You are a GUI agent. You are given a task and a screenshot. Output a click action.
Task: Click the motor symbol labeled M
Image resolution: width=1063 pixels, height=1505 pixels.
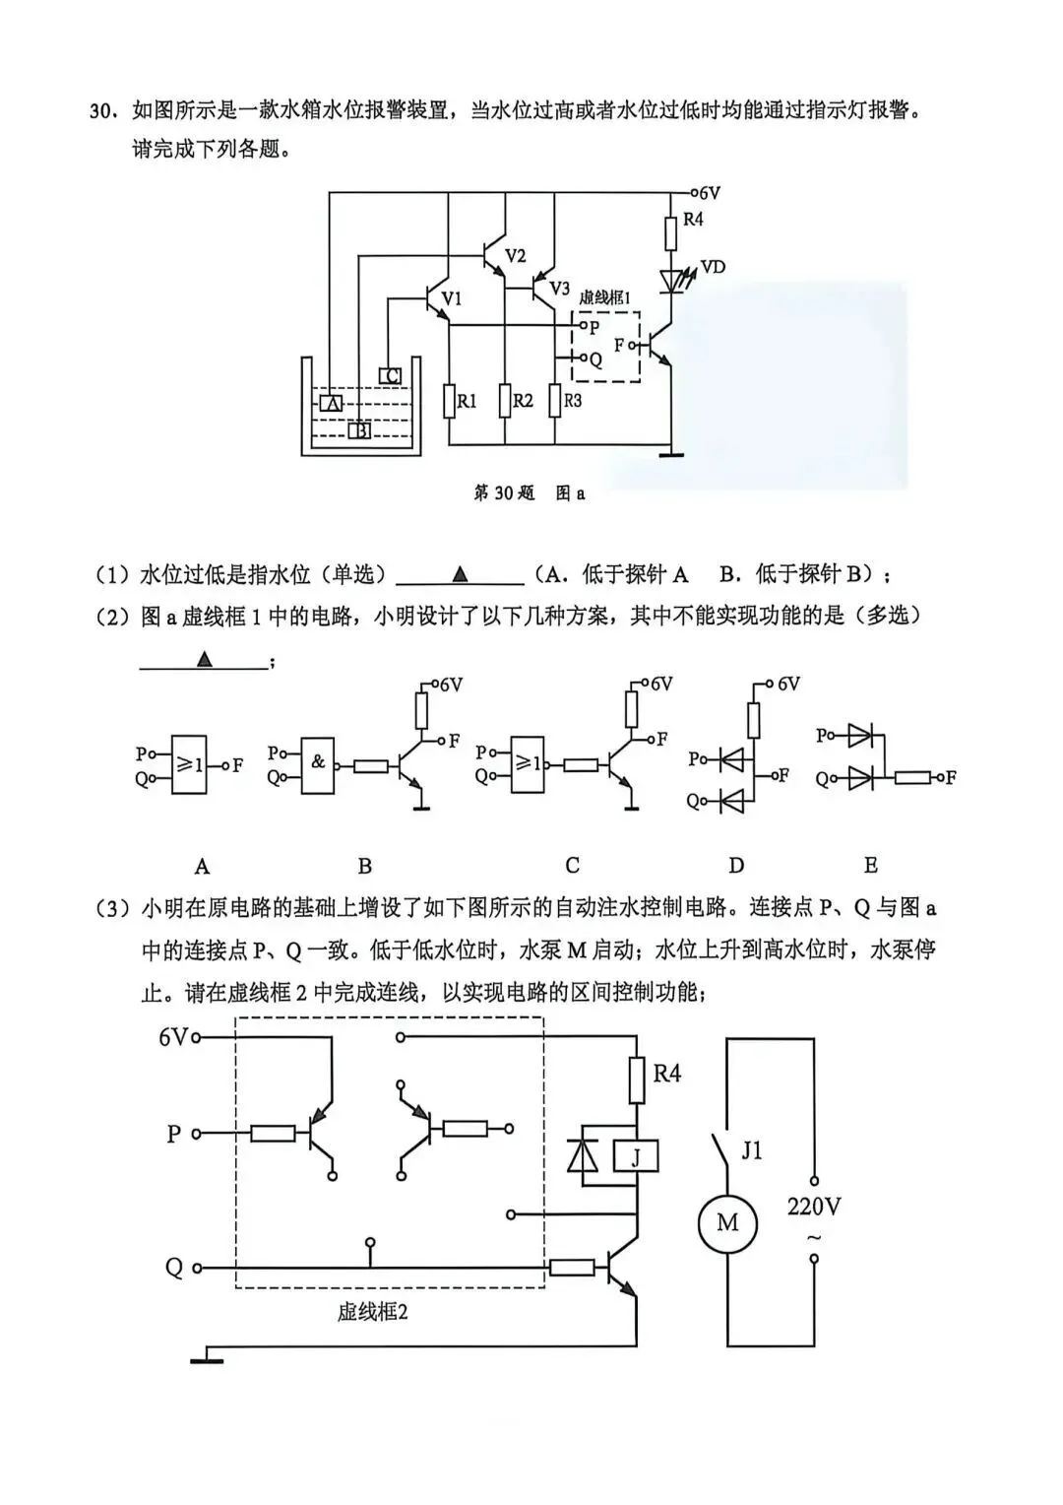coord(726,1223)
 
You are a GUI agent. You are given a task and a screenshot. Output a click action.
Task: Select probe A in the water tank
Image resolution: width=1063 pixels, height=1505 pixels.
coord(331,403)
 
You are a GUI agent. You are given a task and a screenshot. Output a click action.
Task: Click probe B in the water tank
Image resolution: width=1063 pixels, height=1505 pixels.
coord(359,429)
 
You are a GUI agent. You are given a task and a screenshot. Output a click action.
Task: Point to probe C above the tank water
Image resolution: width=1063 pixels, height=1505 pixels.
coord(390,375)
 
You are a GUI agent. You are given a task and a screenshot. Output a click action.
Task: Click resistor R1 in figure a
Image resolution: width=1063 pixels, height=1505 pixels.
coord(450,401)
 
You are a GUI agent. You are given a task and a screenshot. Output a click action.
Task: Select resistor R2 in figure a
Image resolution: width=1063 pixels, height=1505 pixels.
coord(505,401)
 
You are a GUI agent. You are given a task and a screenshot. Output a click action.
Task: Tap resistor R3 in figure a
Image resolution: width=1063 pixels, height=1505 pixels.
coord(554,401)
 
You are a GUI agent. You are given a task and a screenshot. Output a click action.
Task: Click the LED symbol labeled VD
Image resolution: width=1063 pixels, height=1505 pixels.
coord(672,282)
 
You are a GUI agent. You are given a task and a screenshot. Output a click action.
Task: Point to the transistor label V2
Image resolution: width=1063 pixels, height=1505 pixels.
coord(516,256)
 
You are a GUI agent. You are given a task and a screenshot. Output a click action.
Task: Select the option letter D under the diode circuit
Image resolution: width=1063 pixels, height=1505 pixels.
coord(736,866)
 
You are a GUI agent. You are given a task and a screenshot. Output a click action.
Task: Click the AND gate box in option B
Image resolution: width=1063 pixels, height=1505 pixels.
coord(318,764)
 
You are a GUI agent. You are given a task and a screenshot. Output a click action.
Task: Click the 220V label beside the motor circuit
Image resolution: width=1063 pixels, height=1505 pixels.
coord(814,1206)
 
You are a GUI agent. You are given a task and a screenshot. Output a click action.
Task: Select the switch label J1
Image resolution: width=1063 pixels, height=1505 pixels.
coord(752,1149)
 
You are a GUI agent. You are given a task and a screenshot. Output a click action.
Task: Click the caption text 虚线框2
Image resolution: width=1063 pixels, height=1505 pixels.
coord(372,1312)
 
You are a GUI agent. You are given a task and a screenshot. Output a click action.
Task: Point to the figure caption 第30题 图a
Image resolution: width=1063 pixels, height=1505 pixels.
coord(530,492)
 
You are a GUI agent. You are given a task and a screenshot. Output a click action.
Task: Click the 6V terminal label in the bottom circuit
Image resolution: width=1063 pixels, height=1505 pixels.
coord(172,1037)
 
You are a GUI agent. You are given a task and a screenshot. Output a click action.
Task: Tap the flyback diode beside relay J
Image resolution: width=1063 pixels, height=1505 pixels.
coord(584,1156)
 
